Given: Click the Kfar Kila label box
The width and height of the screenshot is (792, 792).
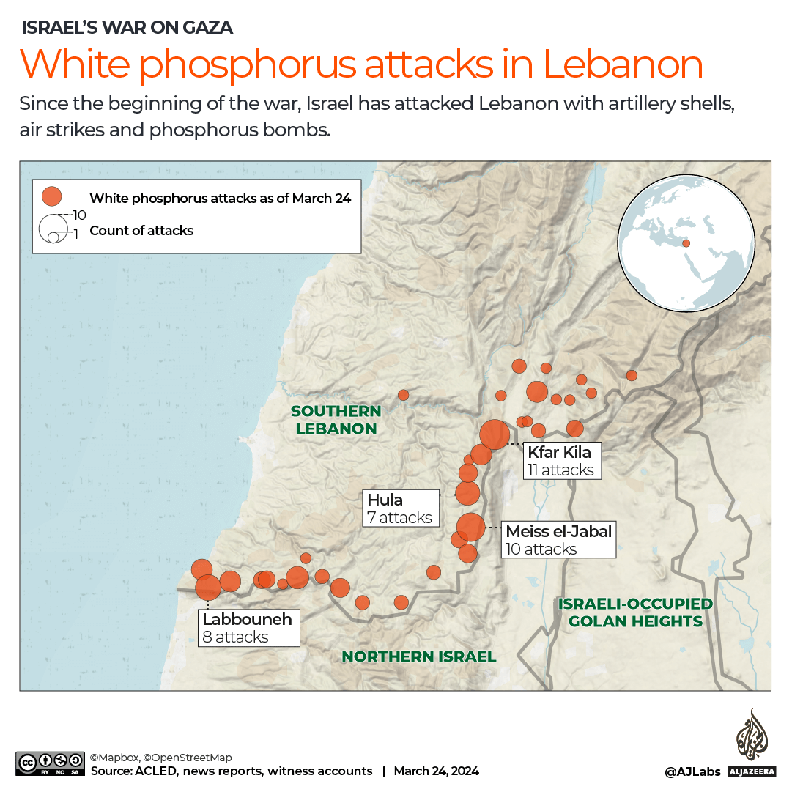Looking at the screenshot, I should point(561,461).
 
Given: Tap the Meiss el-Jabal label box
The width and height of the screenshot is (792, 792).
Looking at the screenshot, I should point(558,540).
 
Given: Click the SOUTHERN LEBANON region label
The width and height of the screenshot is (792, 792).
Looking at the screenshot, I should point(336,420).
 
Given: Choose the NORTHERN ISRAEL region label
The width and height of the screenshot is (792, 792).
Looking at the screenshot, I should point(418,656).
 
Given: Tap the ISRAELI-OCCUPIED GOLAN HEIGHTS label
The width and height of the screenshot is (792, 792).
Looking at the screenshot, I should point(635,612).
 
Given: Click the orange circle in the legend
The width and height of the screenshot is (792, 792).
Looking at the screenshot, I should point(52,196).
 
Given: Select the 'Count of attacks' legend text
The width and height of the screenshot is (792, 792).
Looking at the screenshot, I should point(141,231).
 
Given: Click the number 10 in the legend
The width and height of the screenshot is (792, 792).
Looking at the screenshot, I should point(80,215).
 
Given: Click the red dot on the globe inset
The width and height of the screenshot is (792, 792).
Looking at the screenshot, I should point(686,243).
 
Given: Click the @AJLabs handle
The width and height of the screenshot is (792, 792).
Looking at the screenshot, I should point(692,771).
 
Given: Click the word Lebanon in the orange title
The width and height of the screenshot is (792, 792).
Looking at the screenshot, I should point(623,64).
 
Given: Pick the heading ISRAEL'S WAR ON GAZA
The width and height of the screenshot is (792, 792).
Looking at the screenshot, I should point(127,28).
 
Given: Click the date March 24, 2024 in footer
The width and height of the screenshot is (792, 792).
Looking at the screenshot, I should point(436,771).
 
